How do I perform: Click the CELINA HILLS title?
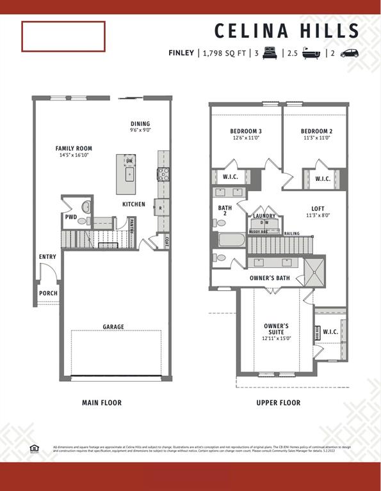[x=287, y=31]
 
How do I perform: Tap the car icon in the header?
[x=350, y=53]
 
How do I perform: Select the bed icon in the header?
[x=270, y=53]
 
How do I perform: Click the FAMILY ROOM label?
[x=74, y=148]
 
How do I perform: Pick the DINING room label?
[x=140, y=124]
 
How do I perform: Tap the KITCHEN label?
[x=134, y=205]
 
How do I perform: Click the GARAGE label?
[x=113, y=327]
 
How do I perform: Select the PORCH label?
[x=48, y=293]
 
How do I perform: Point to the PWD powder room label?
[x=70, y=217]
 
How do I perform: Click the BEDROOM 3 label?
[x=246, y=132]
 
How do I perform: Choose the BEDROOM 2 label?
[x=316, y=132]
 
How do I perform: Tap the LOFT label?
[x=318, y=208]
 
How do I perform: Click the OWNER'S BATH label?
[x=270, y=278]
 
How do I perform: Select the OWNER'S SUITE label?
[x=277, y=329]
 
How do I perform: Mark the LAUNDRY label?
[x=264, y=216]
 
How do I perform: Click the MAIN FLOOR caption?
[x=102, y=403]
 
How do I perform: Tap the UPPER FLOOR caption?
[x=278, y=403]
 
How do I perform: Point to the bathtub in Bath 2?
[x=231, y=241]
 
